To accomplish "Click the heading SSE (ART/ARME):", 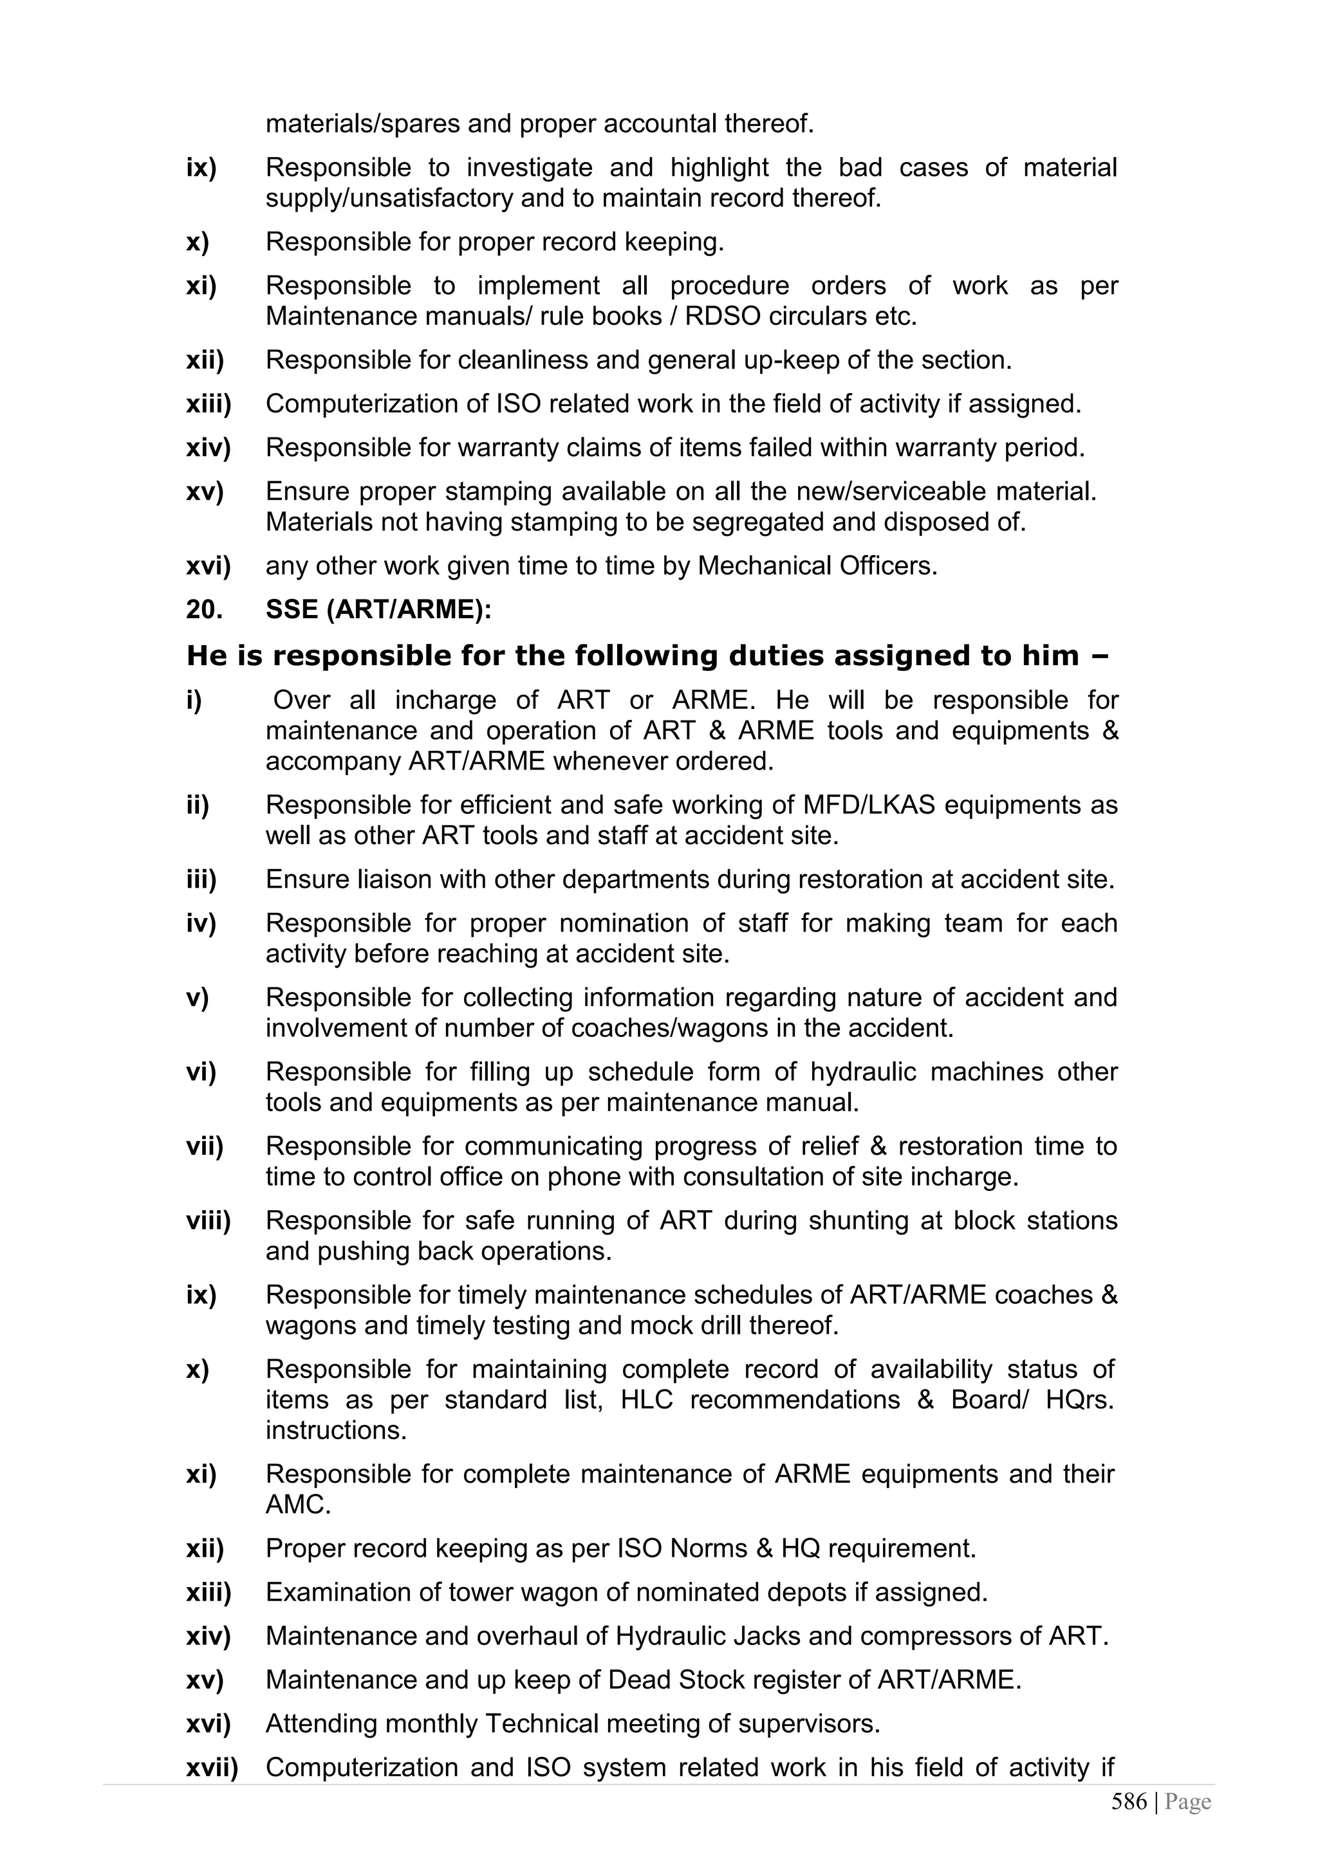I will click(378, 609).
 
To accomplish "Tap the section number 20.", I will click(204, 609).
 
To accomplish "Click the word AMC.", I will click(298, 1505).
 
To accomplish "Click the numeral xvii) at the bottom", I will click(212, 1768).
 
